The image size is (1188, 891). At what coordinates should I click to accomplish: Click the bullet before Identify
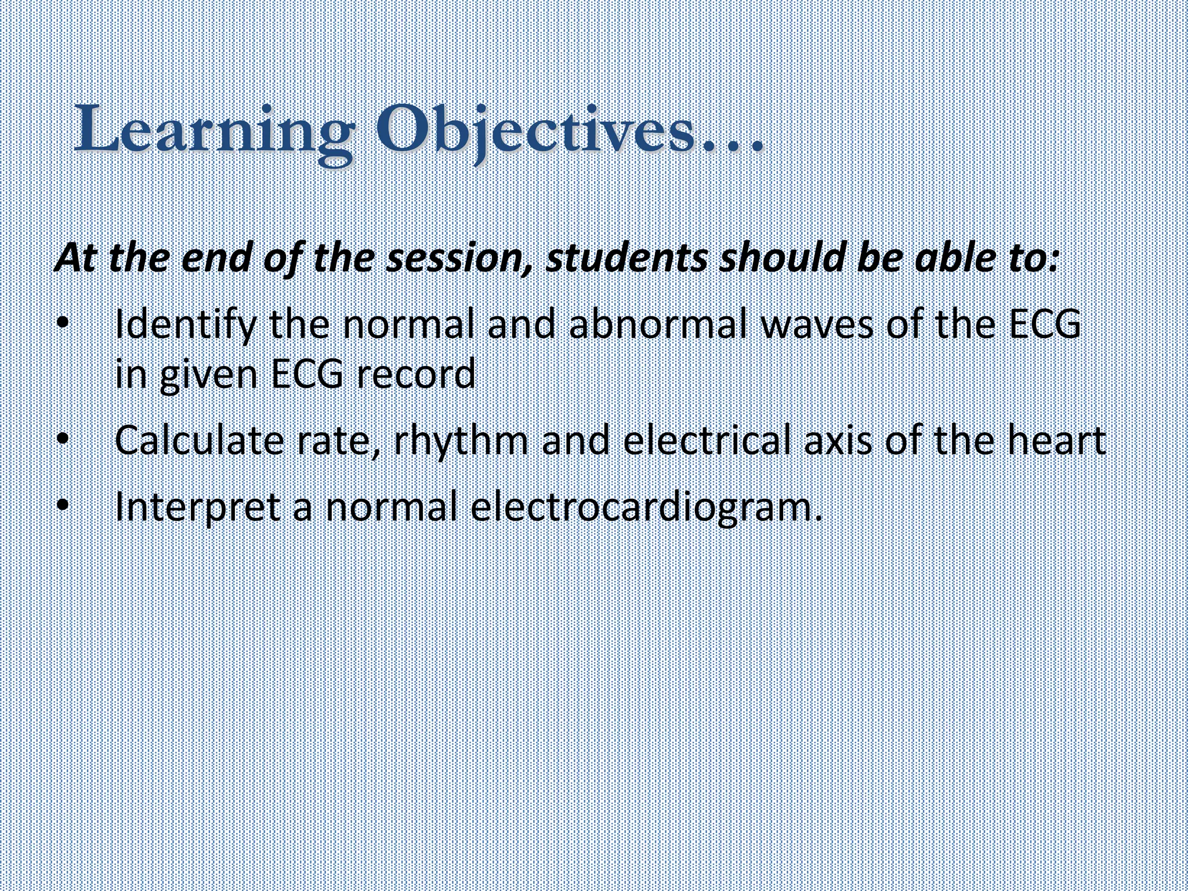pos(63,327)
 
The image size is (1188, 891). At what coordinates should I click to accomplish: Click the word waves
pos(816,325)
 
